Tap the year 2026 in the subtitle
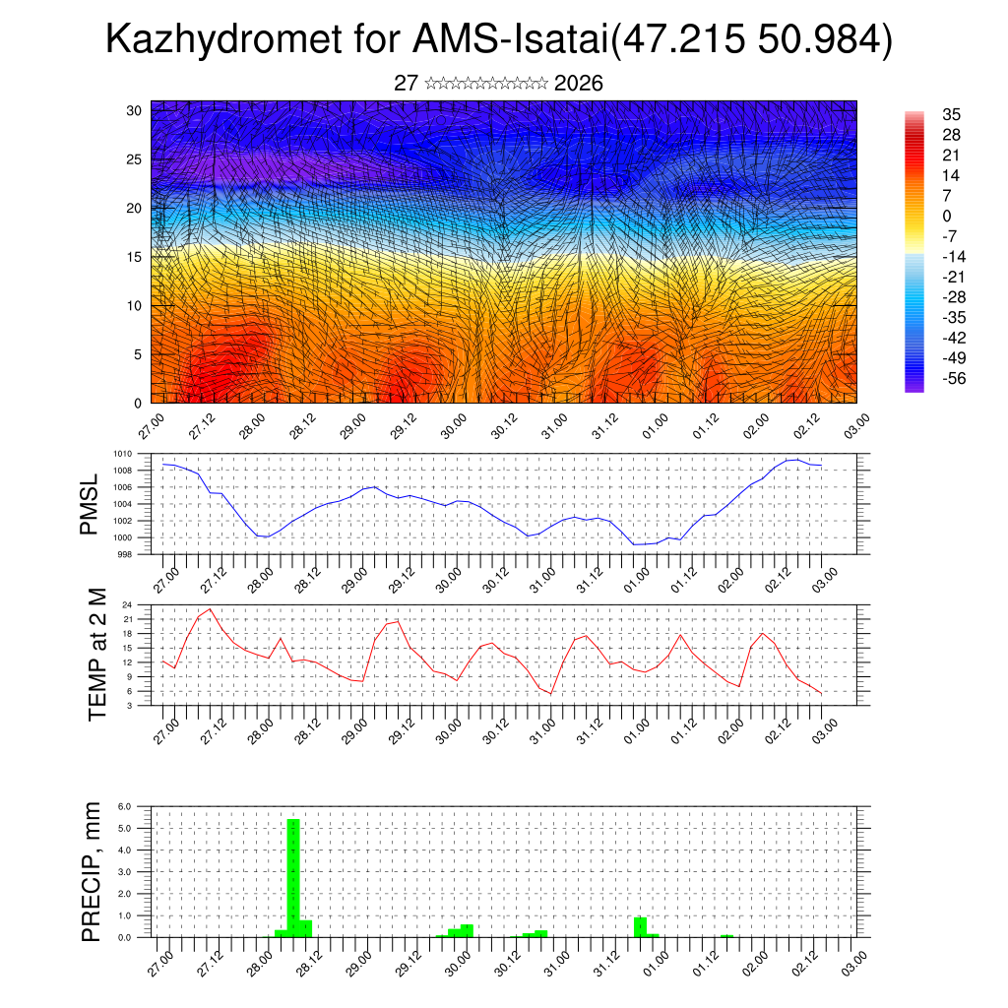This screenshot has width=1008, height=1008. tap(579, 84)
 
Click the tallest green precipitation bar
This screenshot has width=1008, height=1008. tap(292, 876)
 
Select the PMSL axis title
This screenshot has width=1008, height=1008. tap(90, 505)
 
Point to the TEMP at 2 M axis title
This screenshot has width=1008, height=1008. tap(96, 655)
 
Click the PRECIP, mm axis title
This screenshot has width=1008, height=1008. tap(92, 872)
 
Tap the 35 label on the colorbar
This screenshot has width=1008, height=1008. tap(951, 114)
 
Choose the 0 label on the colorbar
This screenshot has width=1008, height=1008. tap(947, 216)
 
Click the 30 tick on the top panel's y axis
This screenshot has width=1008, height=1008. tap(134, 110)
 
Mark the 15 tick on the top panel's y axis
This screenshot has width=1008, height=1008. tap(134, 257)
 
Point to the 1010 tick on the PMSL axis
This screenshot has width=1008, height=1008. tap(122, 454)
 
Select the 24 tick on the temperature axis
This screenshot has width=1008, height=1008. tap(128, 604)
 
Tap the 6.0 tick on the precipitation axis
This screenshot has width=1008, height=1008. tap(125, 806)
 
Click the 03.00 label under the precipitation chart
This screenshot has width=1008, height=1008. tap(853, 958)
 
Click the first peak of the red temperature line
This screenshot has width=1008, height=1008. tap(210, 609)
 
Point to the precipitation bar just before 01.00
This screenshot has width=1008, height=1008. tap(640, 925)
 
